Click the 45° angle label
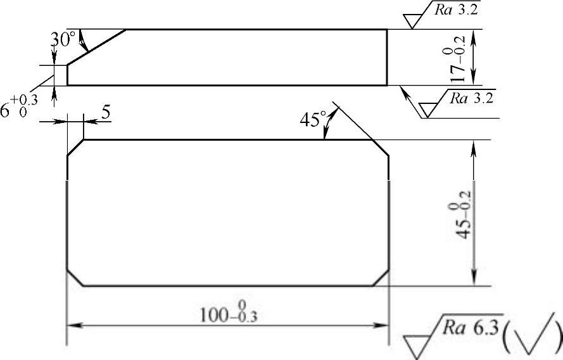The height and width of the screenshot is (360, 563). pyautogui.click(x=312, y=119)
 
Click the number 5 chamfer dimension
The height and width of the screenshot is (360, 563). pyautogui.click(x=106, y=112)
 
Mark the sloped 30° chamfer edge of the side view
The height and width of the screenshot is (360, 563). pyautogui.click(x=96, y=47)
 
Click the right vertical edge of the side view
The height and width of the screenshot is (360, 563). pyautogui.click(x=386, y=57)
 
